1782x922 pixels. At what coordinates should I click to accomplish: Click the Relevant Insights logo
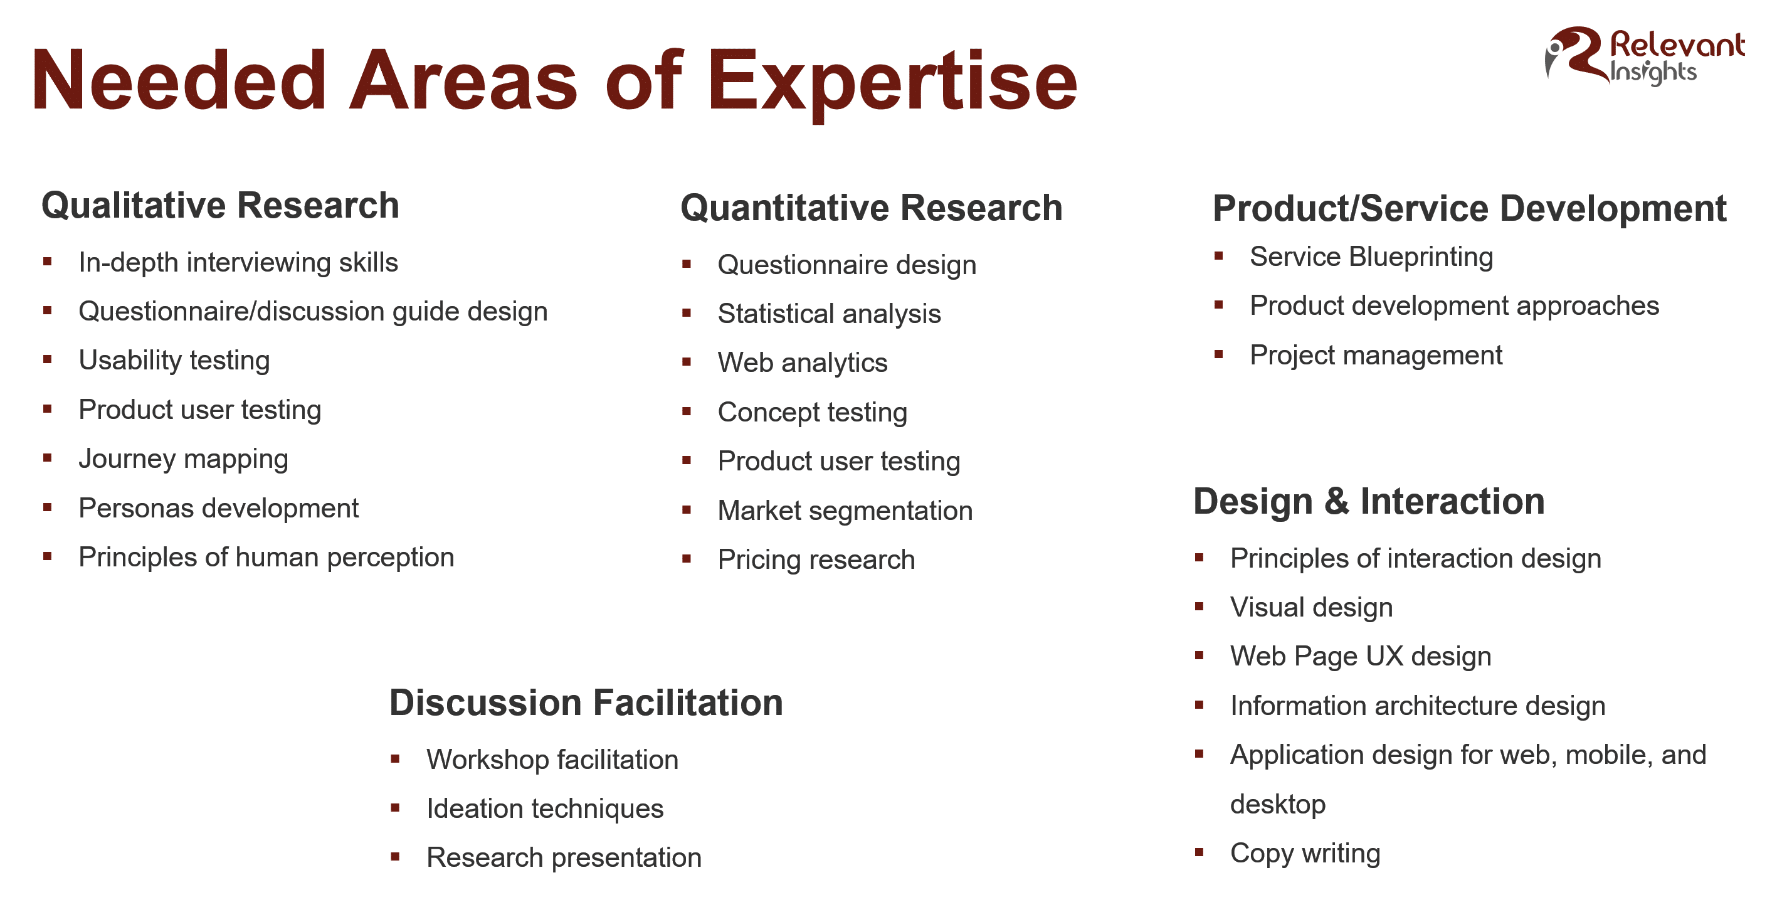pyautogui.click(x=1645, y=56)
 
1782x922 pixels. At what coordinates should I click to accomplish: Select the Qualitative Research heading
pyautogui.click(x=220, y=205)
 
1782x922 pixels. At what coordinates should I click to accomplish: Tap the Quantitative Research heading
pyautogui.click(x=871, y=208)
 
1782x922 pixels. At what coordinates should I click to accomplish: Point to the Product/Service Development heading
pyautogui.click(x=1469, y=208)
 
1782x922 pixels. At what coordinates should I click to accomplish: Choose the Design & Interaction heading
pyautogui.click(x=1368, y=501)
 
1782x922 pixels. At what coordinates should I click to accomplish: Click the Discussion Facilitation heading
pyautogui.click(x=586, y=702)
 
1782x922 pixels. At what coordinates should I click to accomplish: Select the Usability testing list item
pyautogui.click(x=174, y=361)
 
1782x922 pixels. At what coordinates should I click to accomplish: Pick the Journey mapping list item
pyautogui.click(x=183, y=460)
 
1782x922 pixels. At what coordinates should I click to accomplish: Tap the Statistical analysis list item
pyautogui.click(x=829, y=314)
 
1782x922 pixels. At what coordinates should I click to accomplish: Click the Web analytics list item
pyautogui.click(x=803, y=363)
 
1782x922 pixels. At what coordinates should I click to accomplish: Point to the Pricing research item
pyautogui.click(x=816, y=560)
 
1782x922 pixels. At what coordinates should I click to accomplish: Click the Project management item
pyautogui.click(x=1376, y=356)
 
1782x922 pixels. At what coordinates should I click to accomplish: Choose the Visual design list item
pyautogui.click(x=1311, y=608)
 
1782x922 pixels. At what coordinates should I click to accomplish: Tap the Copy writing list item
pyautogui.click(x=1305, y=854)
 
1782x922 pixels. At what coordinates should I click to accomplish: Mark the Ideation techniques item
pyautogui.click(x=544, y=808)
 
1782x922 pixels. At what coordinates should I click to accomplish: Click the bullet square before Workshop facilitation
pyautogui.click(x=395, y=759)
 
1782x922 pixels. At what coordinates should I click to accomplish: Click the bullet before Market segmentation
pyautogui.click(x=686, y=510)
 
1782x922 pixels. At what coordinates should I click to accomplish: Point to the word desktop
pyautogui.click(x=1278, y=804)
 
